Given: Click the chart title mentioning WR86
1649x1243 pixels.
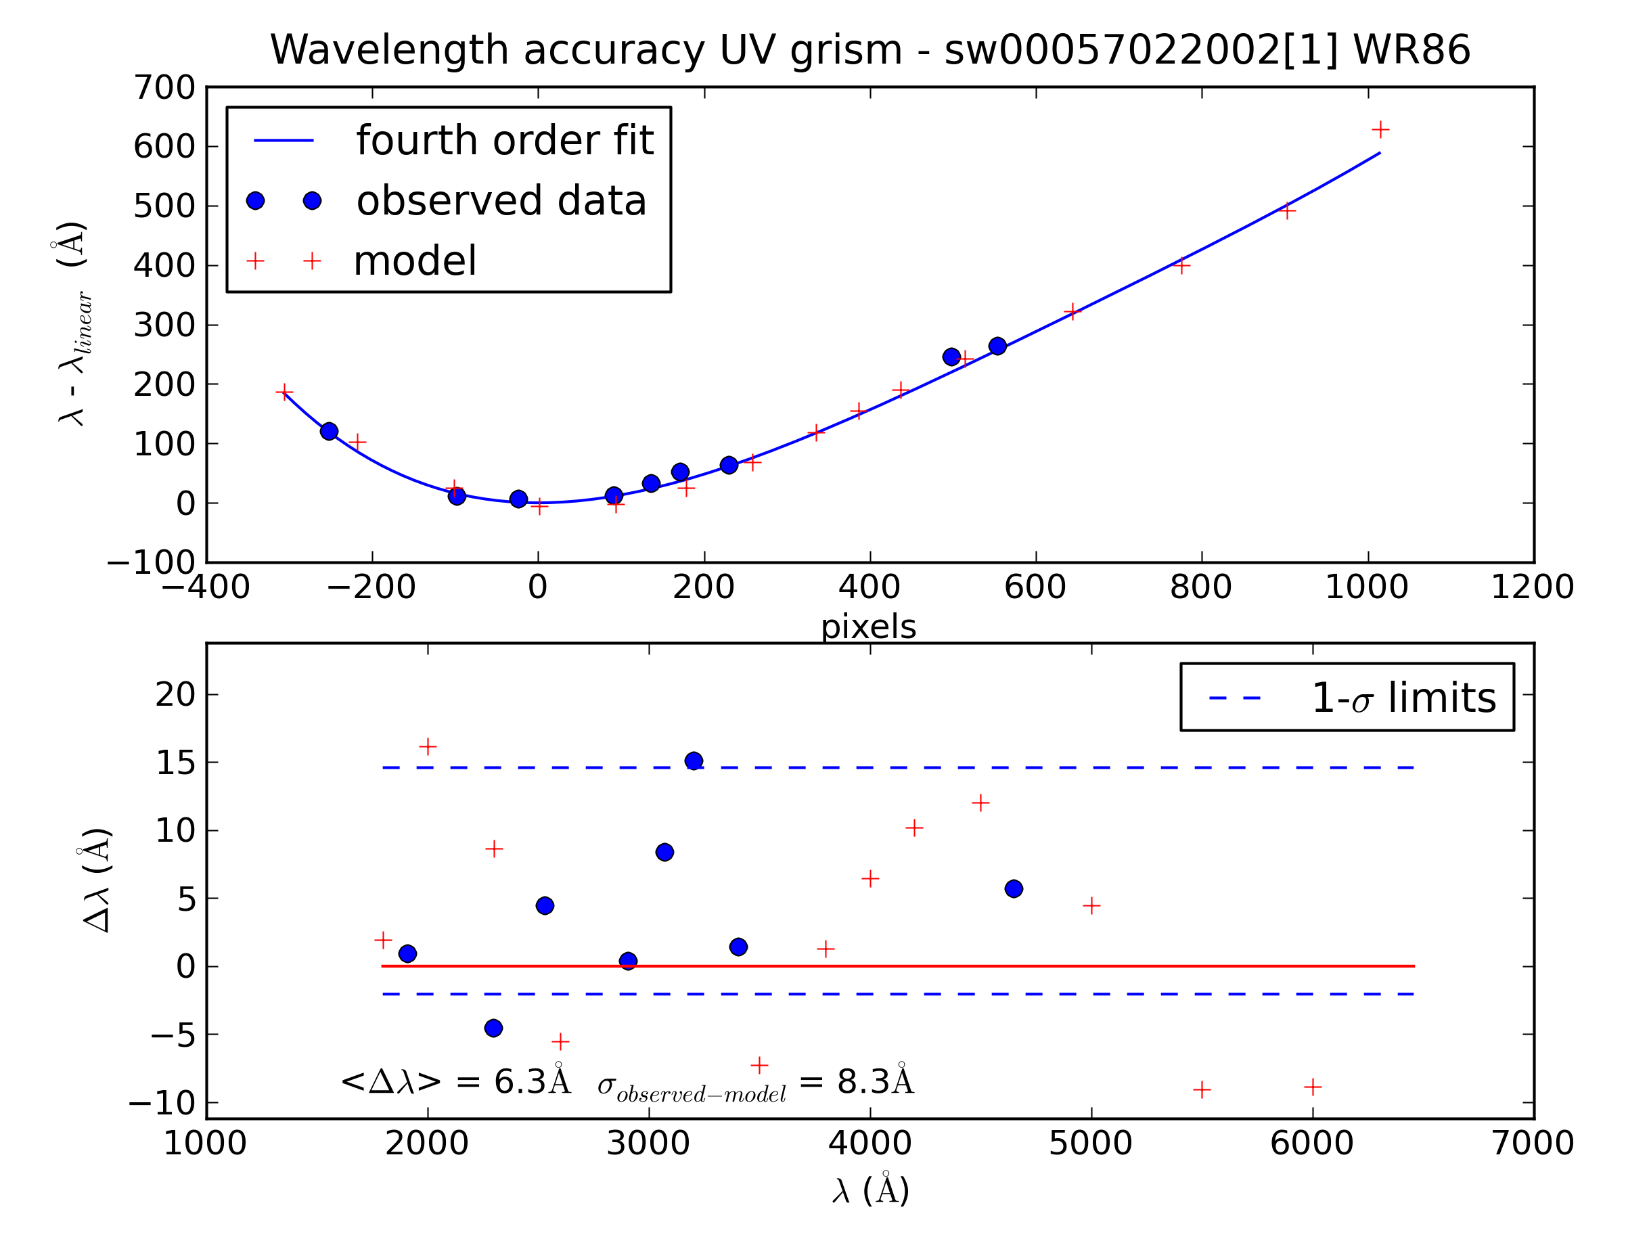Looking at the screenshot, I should pos(869,51).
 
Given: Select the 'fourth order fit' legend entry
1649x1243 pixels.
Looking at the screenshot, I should pos(504,140).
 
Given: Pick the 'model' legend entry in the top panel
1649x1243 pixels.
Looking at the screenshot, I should pos(415,261).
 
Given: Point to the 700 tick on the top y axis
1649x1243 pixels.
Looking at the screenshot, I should pos(164,88).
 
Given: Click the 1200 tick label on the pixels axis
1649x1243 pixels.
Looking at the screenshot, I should pos(1532,587).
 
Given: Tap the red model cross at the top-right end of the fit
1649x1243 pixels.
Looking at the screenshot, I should pos(1380,130).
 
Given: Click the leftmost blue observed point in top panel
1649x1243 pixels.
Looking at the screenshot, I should pos(329,431).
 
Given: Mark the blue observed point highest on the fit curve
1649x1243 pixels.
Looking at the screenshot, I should pos(997,346).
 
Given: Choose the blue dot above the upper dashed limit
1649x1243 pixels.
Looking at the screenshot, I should pos(694,761).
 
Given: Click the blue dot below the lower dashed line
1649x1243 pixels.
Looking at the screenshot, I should pos(493,1029).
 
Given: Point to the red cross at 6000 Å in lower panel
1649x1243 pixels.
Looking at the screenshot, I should pos(1313,1087).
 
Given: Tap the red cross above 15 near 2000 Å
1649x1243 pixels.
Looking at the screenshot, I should pos(427,746).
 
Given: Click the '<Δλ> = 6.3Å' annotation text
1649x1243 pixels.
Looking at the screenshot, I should pos(455,1081).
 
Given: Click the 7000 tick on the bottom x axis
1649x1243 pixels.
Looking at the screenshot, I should pos(1532,1144).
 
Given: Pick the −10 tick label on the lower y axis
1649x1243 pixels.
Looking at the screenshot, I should pos(162,1104).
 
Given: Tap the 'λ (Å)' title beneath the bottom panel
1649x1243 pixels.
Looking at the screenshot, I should pos(870,1190).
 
